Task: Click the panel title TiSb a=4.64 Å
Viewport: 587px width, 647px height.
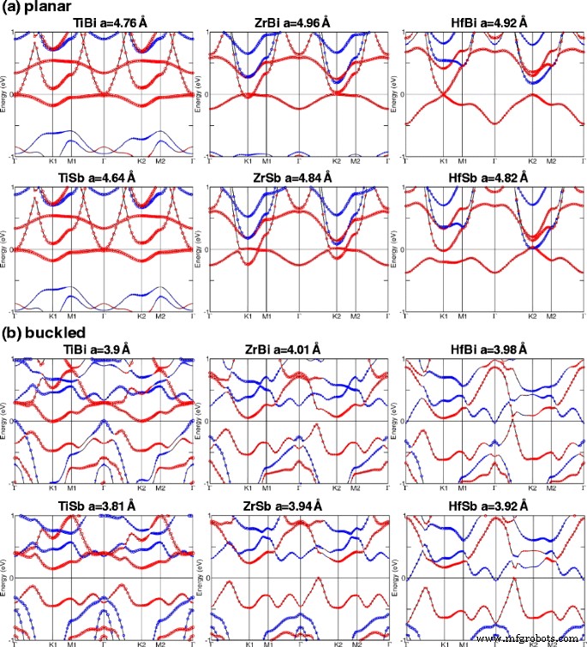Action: point(102,178)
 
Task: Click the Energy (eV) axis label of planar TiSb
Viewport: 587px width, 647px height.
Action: point(4,249)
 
